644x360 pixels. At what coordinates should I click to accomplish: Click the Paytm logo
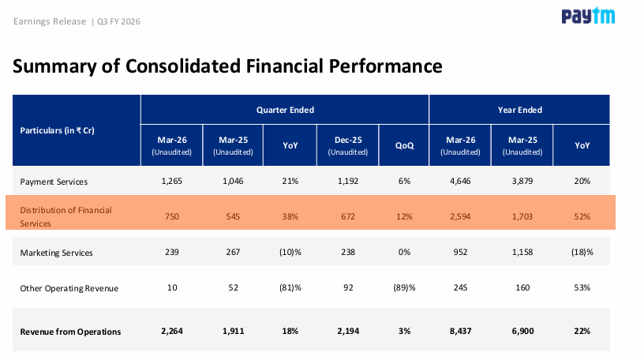(588, 16)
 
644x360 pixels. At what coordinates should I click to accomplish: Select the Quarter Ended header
(285, 110)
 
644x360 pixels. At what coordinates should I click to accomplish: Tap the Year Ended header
(519, 110)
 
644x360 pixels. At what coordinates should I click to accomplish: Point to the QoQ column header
(404, 145)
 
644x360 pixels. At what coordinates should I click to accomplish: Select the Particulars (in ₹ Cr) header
(57, 130)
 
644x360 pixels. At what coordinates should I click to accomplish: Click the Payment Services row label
(54, 182)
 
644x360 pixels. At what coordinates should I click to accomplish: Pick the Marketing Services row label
(56, 253)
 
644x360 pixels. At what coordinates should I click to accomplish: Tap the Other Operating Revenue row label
(69, 288)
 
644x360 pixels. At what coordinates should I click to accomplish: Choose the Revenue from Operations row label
(70, 332)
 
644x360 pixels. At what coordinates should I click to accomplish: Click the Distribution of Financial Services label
(66, 216)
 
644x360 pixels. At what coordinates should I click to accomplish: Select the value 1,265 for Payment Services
(172, 181)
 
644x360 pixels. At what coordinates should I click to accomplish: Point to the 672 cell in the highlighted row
(348, 216)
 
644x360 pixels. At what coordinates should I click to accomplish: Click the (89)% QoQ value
(404, 287)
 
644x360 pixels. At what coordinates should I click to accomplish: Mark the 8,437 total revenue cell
(460, 332)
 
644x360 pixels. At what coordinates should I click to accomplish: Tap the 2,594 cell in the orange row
(460, 216)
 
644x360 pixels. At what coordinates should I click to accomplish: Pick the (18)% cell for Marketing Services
(582, 252)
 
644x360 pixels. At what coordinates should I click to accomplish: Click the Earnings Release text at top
(50, 21)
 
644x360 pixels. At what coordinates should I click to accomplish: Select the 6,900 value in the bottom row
(522, 332)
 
